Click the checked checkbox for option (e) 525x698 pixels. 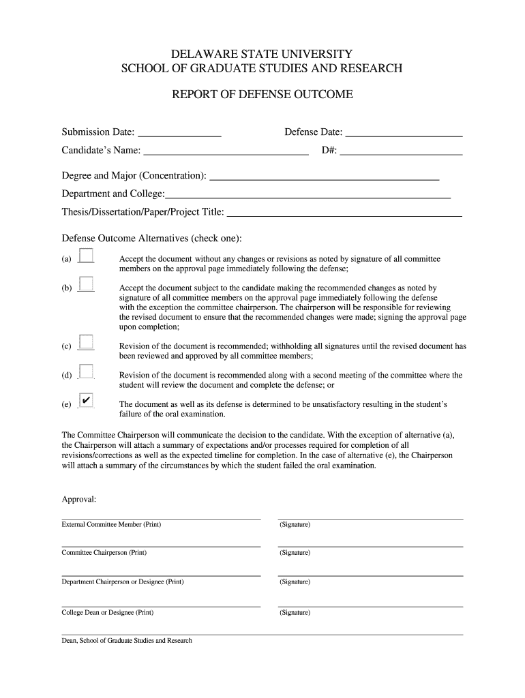click(x=87, y=400)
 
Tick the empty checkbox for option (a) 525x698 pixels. click(x=87, y=255)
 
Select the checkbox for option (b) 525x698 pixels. click(x=87, y=284)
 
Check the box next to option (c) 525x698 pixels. click(x=87, y=342)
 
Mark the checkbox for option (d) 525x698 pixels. click(x=87, y=371)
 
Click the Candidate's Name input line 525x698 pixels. click(x=226, y=151)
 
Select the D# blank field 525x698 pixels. click(x=401, y=151)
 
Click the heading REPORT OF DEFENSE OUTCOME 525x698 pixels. click(x=262, y=95)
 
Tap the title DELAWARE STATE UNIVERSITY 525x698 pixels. click(x=262, y=53)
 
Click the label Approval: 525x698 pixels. click(x=79, y=500)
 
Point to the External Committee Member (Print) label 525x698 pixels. click(x=111, y=524)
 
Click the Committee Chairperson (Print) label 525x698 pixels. click(x=104, y=552)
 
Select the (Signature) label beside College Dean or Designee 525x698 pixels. click(x=295, y=612)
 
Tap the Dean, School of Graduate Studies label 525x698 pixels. click(x=127, y=641)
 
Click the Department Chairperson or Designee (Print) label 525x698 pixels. click(x=123, y=581)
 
